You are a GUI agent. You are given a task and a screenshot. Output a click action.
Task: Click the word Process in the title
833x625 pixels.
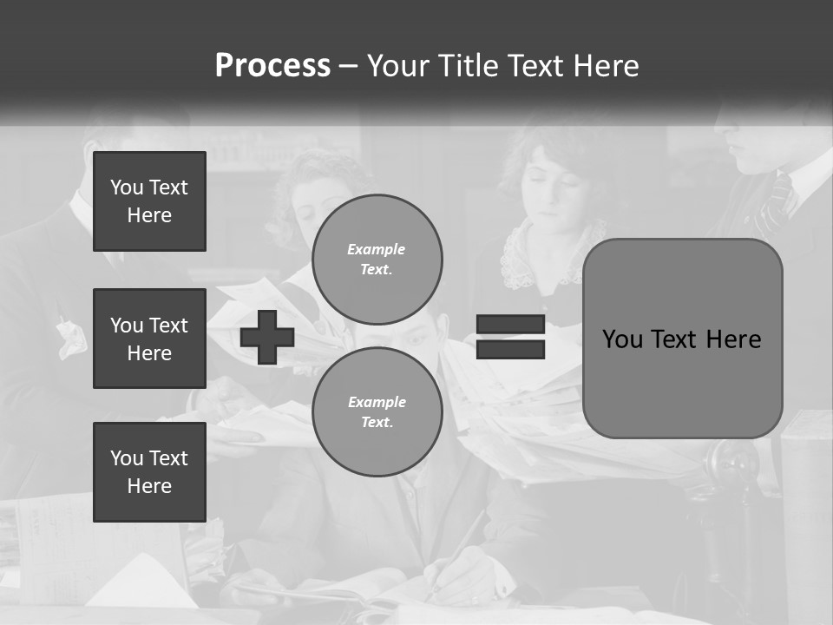(x=272, y=66)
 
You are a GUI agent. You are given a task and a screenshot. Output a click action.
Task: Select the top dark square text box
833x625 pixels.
(x=149, y=201)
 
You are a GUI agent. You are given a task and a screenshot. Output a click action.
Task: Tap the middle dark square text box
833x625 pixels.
(x=149, y=339)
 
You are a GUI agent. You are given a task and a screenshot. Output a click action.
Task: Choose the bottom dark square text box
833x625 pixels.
(x=149, y=471)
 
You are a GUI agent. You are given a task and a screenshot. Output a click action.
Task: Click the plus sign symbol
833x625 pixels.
(x=266, y=337)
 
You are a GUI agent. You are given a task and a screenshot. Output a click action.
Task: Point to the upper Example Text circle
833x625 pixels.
(x=377, y=259)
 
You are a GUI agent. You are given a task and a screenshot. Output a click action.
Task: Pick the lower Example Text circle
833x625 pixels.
(x=377, y=411)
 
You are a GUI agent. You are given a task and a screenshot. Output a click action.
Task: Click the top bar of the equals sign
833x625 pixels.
(x=510, y=325)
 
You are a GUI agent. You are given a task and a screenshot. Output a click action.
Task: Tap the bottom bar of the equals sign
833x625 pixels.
(x=510, y=350)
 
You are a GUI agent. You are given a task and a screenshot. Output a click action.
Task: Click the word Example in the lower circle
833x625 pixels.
(x=377, y=402)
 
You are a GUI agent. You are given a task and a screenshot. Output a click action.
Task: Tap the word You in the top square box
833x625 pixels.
(x=126, y=187)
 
